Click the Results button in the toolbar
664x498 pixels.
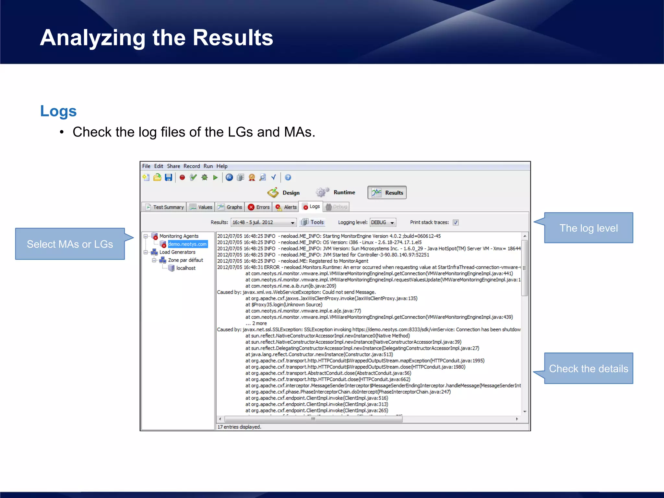tap(387, 193)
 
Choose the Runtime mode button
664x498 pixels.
tap(336, 192)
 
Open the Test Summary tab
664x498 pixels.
tap(164, 207)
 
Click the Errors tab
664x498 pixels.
tap(259, 207)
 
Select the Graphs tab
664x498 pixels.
tap(230, 207)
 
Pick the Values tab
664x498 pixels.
tap(201, 207)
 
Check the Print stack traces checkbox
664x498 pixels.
tap(456, 222)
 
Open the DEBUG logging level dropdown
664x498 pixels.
tap(383, 222)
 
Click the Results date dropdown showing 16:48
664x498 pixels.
tap(263, 222)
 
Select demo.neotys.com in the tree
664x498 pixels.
tap(187, 244)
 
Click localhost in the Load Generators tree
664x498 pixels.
tap(186, 268)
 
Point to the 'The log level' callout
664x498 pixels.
tap(588, 228)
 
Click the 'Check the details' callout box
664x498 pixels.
tap(588, 368)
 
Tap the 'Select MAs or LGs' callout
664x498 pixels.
tap(70, 244)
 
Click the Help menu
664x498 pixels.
tap(222, 166)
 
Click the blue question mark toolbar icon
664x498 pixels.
tap(288, 177)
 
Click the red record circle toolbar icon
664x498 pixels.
tap(182, 177)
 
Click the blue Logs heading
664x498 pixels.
tap(58, 111)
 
